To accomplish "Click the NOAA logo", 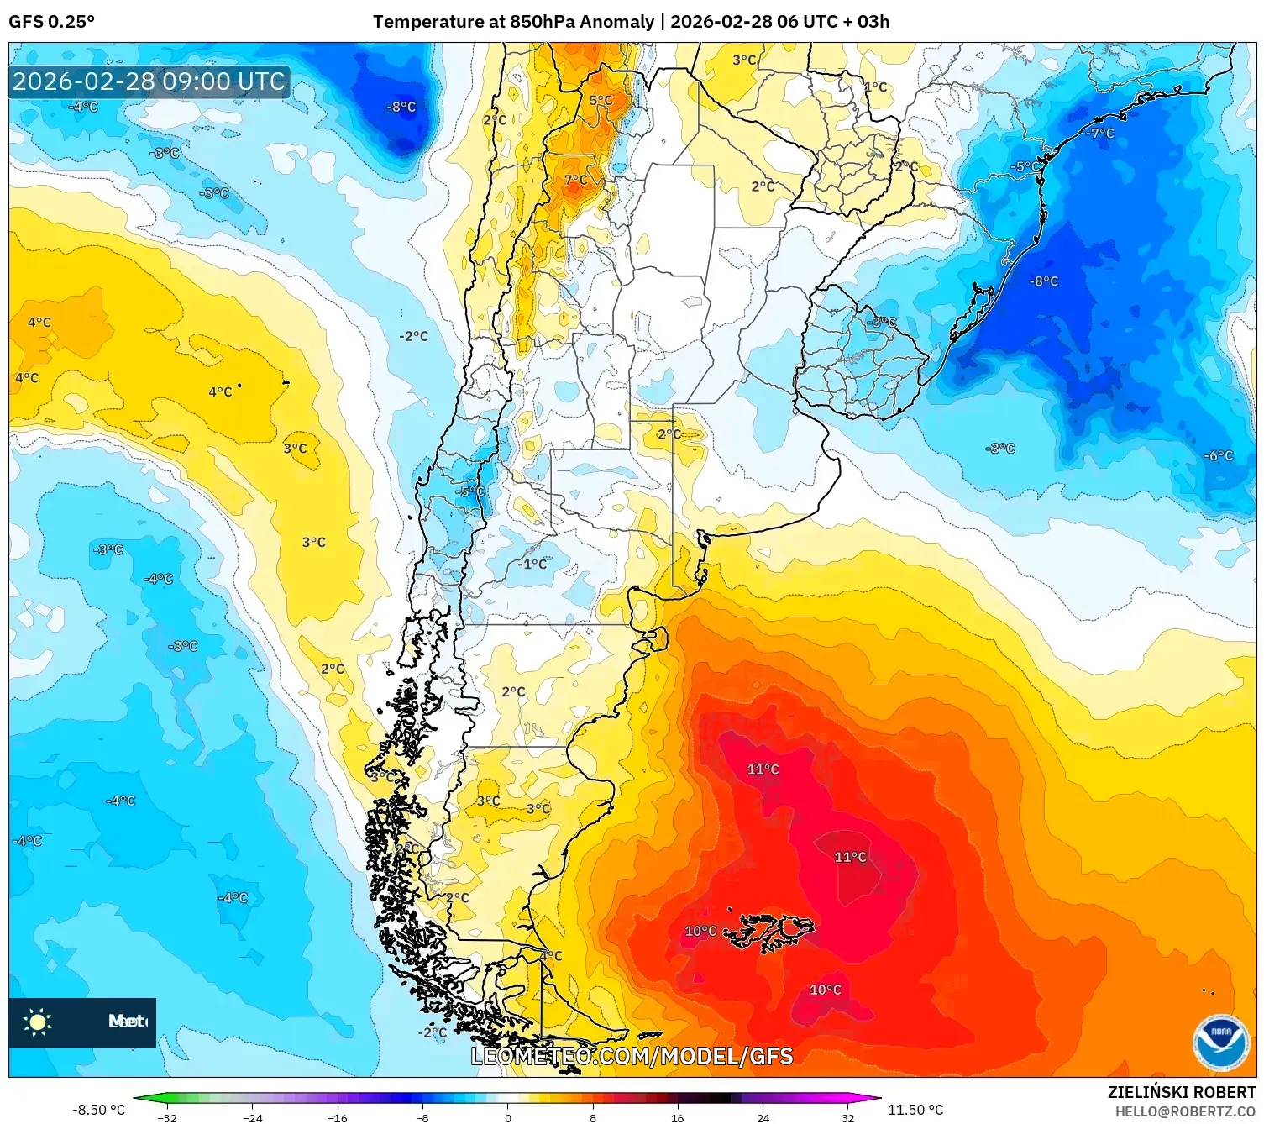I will point(1220,1043).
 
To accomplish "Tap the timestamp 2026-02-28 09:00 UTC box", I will point(149,81).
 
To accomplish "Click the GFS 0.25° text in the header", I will point(52,22).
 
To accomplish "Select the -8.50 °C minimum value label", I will point(98,1110).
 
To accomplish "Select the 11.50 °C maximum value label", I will point(915,1110).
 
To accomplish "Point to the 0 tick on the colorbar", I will point(507,1117).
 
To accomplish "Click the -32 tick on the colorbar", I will point(167,1117).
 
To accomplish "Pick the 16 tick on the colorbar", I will point(677,1117).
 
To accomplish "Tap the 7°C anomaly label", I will point(576,180).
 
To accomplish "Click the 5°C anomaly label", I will point(601,101).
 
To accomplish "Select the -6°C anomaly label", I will point(1218,455).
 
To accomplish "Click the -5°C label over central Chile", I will point(469,491).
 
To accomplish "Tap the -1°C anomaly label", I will point(532,564).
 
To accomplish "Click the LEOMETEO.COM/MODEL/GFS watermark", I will point(632,1056).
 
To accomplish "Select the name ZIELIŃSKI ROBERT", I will point(1181,1092).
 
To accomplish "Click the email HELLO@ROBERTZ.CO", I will point(1185,1111).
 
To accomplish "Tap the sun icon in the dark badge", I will point(38,1022).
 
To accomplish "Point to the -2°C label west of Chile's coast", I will point(414,336).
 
